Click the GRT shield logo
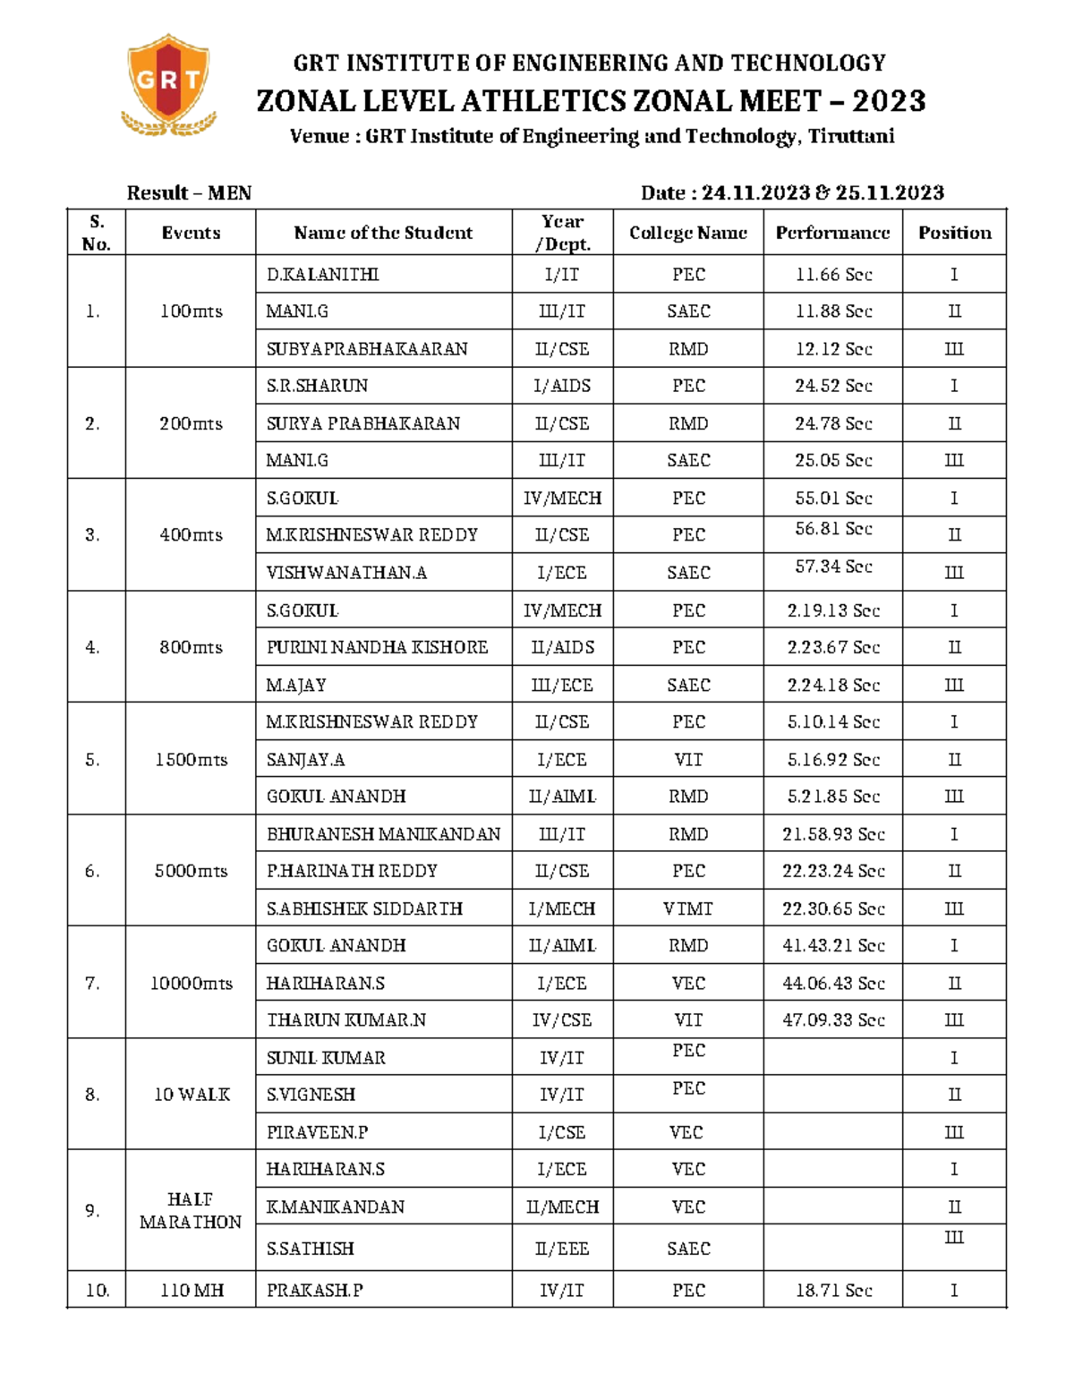click(168, 86)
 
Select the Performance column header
click(832, 233)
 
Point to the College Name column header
click(687, 233)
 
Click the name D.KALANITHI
click(322, 275)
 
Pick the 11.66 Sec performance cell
click(833, 275)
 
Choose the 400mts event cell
click(191, 535)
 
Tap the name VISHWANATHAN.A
click(346, 573)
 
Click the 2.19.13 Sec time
click(833, 610)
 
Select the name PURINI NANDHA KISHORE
click(377, 647)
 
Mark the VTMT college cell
click(687, 908)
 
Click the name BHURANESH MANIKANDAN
click(383, 834)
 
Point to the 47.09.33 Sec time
click(833, 1019)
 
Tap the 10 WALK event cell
click(192, 1095)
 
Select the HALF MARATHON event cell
click(191, 1211)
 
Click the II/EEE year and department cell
click(562, 1249)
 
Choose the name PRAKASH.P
click(314, 1291)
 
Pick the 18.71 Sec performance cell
click(833, 1291)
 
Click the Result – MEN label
click(189, 193)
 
